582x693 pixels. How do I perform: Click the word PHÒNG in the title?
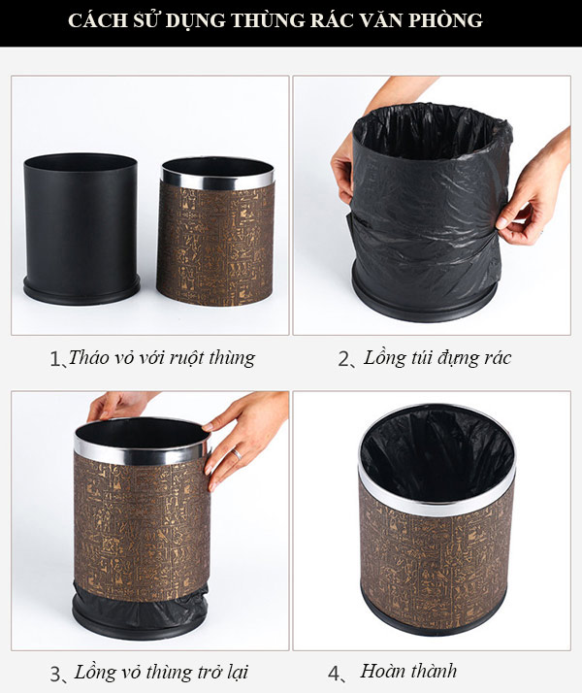448,20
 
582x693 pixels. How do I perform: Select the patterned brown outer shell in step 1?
215,243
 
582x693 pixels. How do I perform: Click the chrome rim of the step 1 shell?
216,181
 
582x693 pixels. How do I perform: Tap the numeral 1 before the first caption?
54,359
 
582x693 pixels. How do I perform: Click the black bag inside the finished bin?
436,451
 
